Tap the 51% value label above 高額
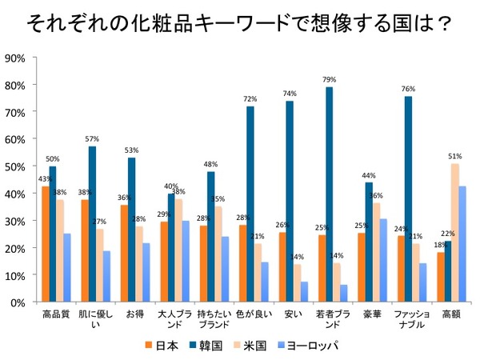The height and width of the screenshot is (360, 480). [x=455, y=157]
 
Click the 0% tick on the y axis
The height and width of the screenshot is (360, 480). [x=18, y=302]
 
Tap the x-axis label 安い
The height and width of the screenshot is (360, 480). [x=293, y=314]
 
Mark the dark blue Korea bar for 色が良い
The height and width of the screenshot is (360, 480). [x=250, y=204]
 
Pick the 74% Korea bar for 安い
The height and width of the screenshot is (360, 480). [x=290, y=202]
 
